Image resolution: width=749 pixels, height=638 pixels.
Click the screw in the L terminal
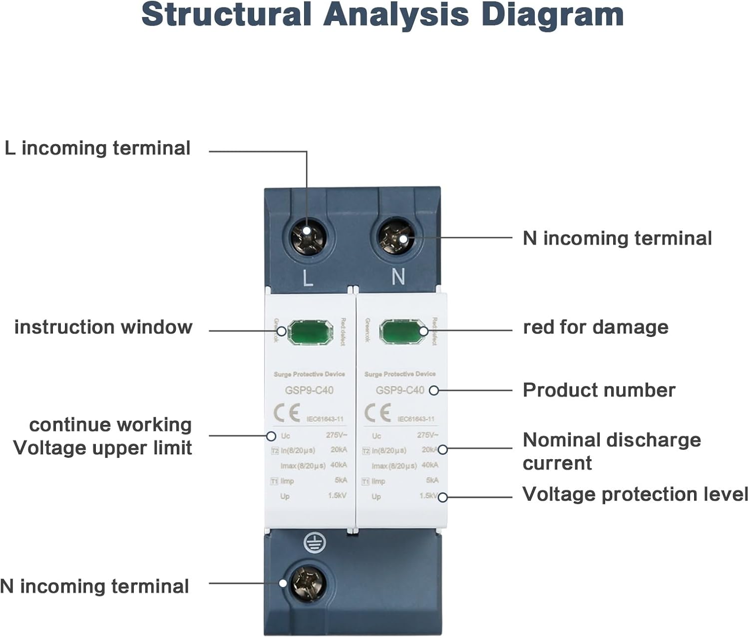[308, 235]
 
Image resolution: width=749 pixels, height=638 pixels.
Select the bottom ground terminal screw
[308, 583]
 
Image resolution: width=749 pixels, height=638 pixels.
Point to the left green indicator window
[310, 332]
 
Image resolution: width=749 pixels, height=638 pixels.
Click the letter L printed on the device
[308, 278]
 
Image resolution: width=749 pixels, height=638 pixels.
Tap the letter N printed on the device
[398, 276]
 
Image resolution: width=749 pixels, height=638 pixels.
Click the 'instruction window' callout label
[103, 327]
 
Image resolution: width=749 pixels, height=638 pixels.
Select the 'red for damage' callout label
[595, 327]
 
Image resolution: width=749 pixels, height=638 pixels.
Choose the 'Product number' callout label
[599, 390]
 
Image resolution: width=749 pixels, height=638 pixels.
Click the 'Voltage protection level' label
[635, 494]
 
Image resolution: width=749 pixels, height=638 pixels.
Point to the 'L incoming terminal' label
[98, 148]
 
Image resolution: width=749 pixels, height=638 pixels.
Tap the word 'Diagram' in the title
[552, 15]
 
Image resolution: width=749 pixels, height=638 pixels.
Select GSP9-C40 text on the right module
[400, 390]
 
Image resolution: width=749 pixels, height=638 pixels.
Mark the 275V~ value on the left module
[337, 435]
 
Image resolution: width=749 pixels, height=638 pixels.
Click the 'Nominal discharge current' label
[611, 451]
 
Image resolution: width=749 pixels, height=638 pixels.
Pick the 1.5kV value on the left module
[337, 496]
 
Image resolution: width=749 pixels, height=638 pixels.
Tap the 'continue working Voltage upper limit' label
[103, 436]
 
